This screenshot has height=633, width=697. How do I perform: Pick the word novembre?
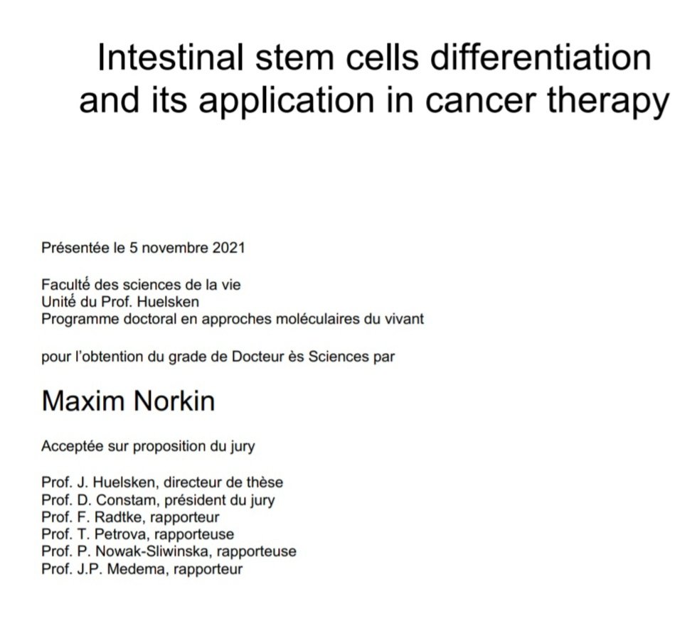tap(175, 249)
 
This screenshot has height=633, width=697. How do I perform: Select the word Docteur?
tap(257, 357)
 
